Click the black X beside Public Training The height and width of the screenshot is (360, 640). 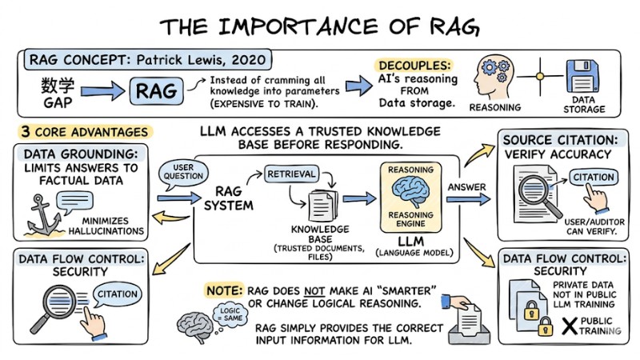tap(570, 326)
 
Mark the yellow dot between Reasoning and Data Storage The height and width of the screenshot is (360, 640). tap(539, 78)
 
